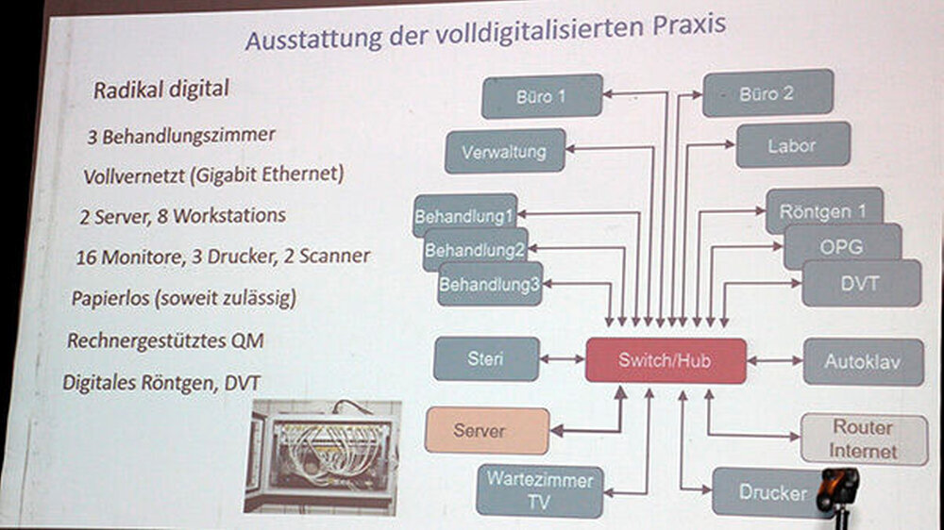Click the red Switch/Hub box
[x=666, y=360]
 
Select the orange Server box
[x=487, y=431]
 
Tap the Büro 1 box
[x=541, y=95]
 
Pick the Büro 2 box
[x=767, y=92]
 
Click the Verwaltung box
[x=505, y=151]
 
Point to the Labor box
[x=793, y=145]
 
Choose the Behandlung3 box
[x=490, y=283]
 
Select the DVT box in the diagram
[x=861, y=283]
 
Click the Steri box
[x=486, y=359]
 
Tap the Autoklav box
[x=863, y=361]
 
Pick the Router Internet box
[x=862, y=439]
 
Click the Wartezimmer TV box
[x=539, y=490]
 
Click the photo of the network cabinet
[x=322, y=455]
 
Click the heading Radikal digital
[x=160, y=91]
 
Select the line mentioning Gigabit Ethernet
[x=213, y=175]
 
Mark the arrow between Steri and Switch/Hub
[x=563, y=359]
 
